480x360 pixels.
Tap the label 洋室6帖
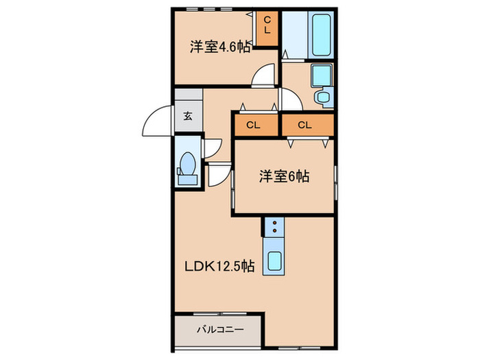tap(284, 176)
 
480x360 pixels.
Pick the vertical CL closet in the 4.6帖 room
tap(267, 29)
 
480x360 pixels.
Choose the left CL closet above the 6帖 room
tap(254, 125)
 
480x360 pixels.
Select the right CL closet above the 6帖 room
tap(306, 125)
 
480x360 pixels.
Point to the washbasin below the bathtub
tap(321, 75)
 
